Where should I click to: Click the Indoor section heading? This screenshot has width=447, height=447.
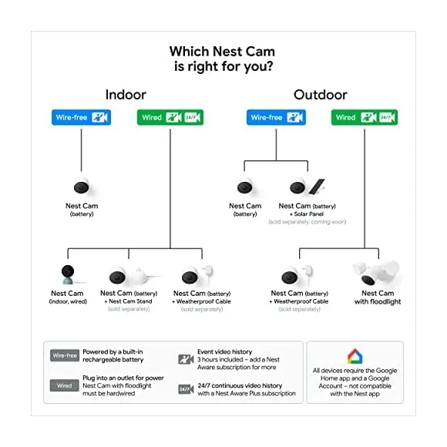point(126,95)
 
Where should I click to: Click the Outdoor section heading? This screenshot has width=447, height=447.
point(321,95)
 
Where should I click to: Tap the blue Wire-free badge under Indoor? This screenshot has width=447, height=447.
point(81,118)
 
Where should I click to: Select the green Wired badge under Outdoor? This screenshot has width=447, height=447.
point(365,118)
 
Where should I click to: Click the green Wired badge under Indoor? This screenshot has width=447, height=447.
point(170,118)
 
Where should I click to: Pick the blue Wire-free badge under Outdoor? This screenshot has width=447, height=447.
point(276,118)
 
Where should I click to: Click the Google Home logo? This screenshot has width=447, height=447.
point(355,357)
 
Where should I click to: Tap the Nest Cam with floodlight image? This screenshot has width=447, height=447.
point(378,274)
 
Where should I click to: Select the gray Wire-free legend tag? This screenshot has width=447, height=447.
point(65,356)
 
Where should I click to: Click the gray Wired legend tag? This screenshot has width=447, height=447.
point(65,385)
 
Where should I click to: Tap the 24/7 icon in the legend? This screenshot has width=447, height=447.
point(186,389)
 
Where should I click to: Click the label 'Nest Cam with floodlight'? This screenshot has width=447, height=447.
point(378,297)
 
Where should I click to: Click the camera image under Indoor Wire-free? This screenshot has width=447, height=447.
point(81,187)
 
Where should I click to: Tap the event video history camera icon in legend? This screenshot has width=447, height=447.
point(186,359)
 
